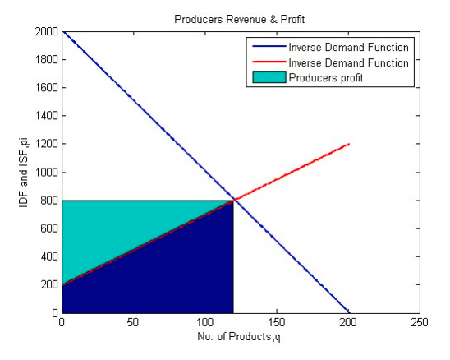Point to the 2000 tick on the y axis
pyautogui.click(x=48, y=32)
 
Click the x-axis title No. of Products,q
pyautogui.click(x=241, y=336)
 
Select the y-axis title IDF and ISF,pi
pyautogui.click(x=23, y=173)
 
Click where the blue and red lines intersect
pyautogui.click(x=235, y=200)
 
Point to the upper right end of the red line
pyautogui.click(x=349, y=144)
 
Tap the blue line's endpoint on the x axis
pyautogui.click(x=349, y=312)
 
